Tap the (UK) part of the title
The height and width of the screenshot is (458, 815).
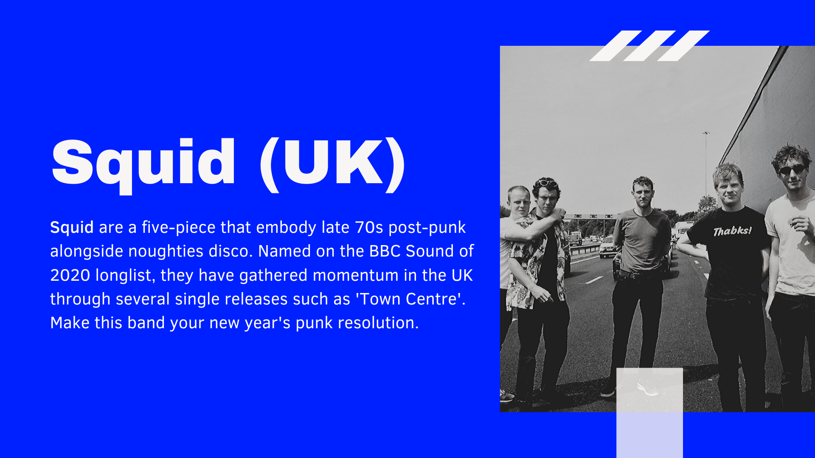tap(332, 165)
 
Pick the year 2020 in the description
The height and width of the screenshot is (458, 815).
tap(70, 276)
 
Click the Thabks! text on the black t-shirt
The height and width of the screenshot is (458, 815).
tap(732, 231)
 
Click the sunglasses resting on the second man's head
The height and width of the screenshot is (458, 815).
tap(547, 183)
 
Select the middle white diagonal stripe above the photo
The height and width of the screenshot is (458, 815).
tap(649, 46)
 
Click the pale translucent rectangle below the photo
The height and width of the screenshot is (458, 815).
tap(649, 413)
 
